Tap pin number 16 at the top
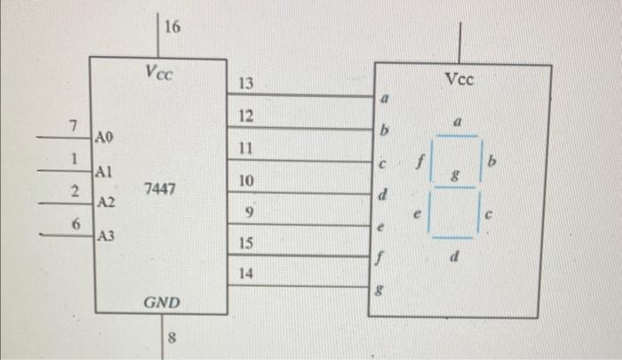172,27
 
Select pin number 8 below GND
172,337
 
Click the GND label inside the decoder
161,303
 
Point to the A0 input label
104,138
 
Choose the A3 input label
106,236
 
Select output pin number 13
246,84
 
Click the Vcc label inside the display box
459,80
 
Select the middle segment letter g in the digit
456,178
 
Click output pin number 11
246,148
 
